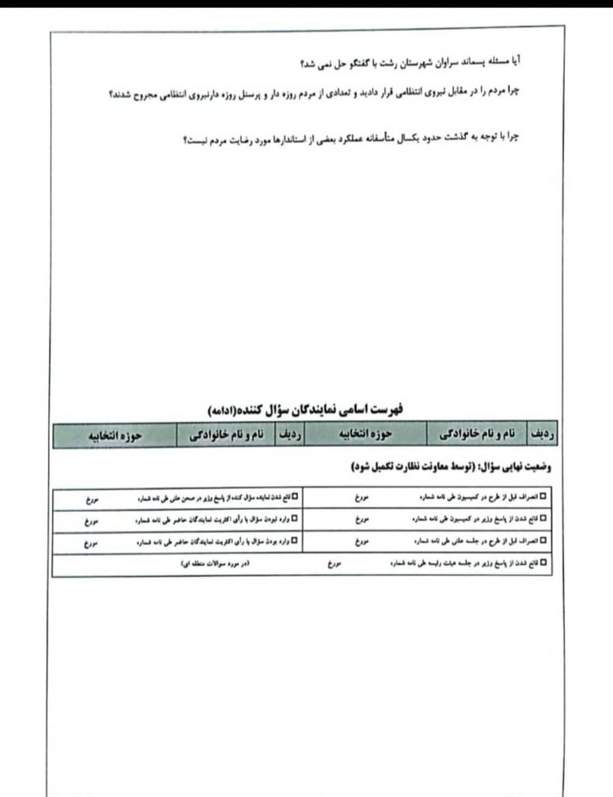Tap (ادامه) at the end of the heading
[226, 409]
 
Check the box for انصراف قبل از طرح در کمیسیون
[544, 495]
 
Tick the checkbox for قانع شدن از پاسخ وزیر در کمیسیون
[544, 517]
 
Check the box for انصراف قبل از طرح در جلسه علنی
[544, 539]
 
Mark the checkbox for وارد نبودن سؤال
[295, 517]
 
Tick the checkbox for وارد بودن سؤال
[295, 539]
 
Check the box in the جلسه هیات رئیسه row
[544, 560]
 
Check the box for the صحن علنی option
[295, 495]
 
